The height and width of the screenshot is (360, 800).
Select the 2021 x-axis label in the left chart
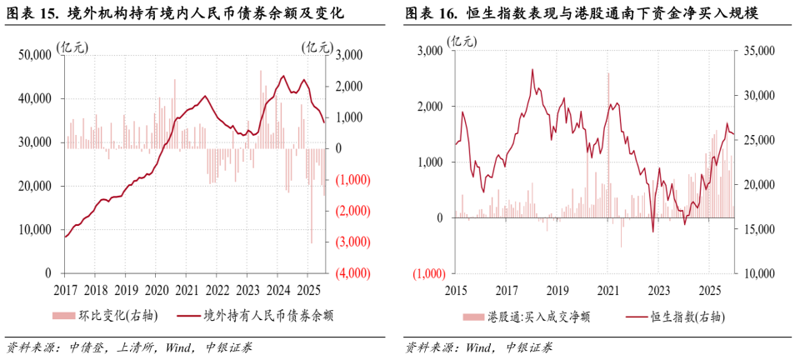click(186, 290)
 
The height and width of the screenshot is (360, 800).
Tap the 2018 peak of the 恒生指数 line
click(532, 70)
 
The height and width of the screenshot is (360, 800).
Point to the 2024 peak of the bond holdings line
click(283, 77)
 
